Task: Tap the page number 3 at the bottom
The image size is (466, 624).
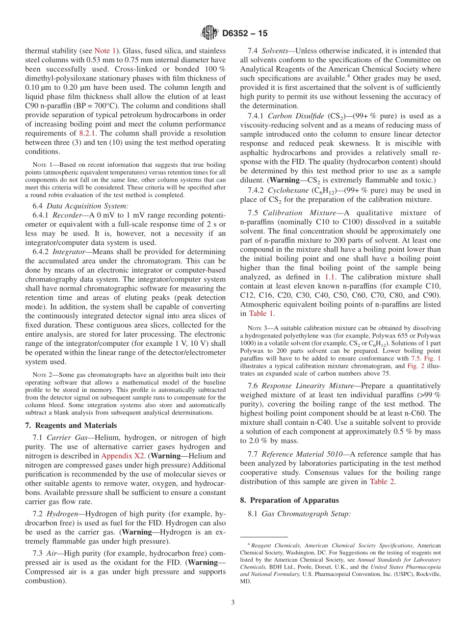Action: pyautogui.click(x=233, y=603)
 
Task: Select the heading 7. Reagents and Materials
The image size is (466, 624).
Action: pyautogui.click(x=71, y=425)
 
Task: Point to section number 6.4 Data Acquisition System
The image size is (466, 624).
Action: pyautogui.click(x=37, y=206)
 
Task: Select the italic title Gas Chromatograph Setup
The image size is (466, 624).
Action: pyautogui.click(x=306, y=514)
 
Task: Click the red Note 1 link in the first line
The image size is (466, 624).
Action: pyautogui.click(x=105, y=51)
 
